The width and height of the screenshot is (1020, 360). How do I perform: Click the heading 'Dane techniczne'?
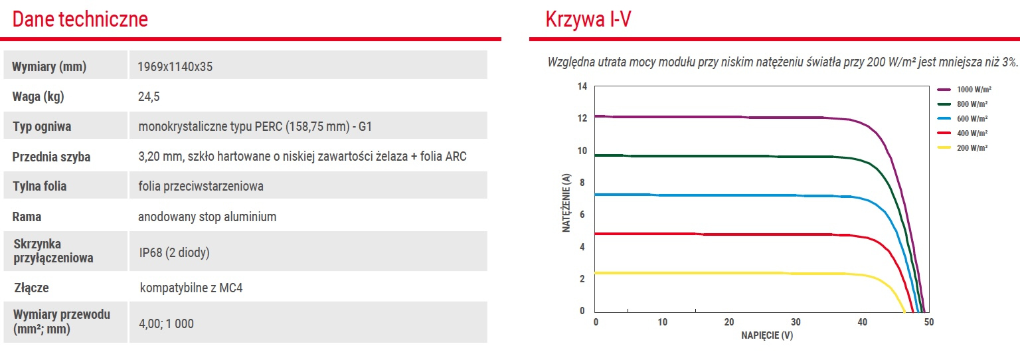point(80,19)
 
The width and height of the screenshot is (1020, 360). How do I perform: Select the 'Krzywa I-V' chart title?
point(588,19)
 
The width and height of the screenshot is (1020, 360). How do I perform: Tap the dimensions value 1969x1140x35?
point(175,66)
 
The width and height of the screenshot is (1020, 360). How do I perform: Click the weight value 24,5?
point(149,96)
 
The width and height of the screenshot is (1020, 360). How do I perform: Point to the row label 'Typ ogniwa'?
point(42,126)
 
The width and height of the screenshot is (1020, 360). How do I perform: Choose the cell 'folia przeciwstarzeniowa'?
point(201,186)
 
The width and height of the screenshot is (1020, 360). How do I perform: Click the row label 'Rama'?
point(27,217)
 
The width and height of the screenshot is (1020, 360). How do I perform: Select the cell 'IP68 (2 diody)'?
point(175,252)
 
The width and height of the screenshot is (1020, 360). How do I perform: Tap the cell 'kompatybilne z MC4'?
point(191,288)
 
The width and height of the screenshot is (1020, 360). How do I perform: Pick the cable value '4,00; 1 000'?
point(166,323)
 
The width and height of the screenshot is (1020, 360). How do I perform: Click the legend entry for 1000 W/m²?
point(964,89)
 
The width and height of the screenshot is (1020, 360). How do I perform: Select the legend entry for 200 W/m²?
point(962,147)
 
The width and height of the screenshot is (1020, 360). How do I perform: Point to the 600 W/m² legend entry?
point(962,118)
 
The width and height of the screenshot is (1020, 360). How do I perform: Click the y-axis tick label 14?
point(582,86)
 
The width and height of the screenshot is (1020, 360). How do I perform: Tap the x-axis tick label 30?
point(796,321)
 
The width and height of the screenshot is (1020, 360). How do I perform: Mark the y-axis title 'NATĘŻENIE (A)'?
point(566,203)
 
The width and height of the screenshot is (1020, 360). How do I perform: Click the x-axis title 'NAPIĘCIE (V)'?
point(767,335)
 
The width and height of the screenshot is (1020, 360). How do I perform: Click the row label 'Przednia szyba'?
point(51,157)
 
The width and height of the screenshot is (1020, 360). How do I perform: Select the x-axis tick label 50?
point(929,321)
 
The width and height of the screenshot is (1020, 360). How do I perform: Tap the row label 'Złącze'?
point(31,288)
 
